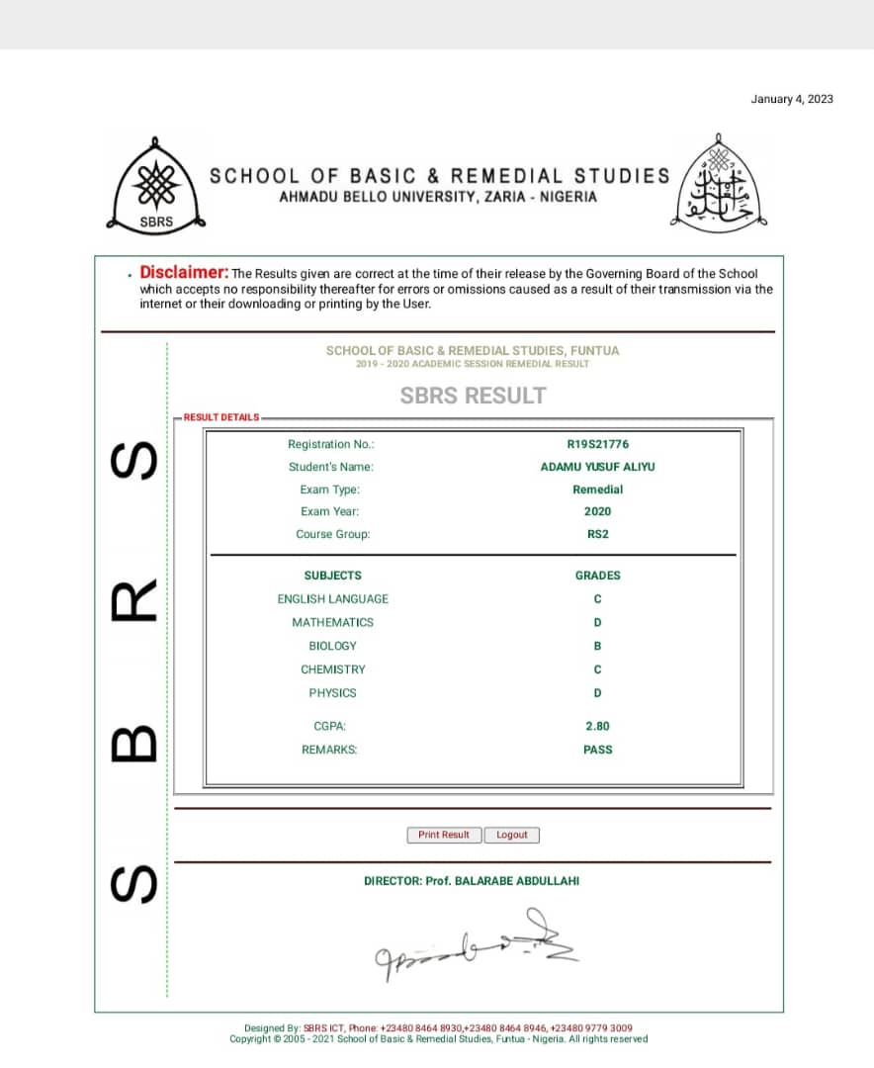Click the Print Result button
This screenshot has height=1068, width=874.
(x=444, y=835)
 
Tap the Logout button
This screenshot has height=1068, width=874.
(x=512, y=835)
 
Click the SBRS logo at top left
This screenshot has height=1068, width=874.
(x=156, y=185)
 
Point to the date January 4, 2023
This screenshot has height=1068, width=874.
(x=792, y=99)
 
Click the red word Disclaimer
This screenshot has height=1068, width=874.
(x=184, y=272)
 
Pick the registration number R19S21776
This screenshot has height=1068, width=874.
(x=597, y=445)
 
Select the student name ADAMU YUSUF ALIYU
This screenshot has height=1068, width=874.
(x=597, y=467)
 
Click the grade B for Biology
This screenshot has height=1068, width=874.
(x=597, y=646)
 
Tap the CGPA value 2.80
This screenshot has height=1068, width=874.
(x=597, y=726)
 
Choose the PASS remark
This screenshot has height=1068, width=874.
(x=597, y=750)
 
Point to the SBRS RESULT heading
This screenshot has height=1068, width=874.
(x=473, y=396)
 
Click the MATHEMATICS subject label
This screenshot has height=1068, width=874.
(x=332, y=622)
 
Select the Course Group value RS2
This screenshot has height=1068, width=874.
(x=597, y=534)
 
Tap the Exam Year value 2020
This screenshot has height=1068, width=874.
(x=597, y=511)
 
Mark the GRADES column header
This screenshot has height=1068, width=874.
(x=597, y=575)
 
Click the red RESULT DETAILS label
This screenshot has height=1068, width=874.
(x=221, y=417)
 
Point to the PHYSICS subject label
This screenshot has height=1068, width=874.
(x=332, y=693)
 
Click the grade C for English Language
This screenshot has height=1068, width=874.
(x=597, y=599)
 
